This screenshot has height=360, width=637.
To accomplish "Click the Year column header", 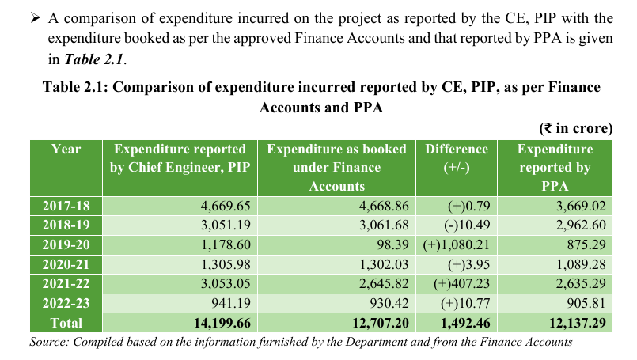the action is [x=66, y=149].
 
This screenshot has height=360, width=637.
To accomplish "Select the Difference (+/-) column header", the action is [x=457, y=158].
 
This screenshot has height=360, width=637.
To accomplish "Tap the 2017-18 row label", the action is [x=66, y=206].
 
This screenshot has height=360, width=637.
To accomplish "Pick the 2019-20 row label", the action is [x=66, y=245].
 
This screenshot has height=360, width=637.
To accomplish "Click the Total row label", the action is [x=66, y=323].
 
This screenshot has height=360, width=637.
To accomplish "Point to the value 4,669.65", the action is [x=226, y=206].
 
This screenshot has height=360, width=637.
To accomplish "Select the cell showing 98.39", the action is [x=392, y=245].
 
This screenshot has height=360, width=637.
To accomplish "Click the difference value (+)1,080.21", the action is [x=457, y=245].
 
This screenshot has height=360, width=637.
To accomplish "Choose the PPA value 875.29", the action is [x=586, y=245].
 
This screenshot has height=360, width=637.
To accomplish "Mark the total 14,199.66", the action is [x=222, y=323].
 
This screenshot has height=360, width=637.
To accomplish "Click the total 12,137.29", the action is [x=578, y=323].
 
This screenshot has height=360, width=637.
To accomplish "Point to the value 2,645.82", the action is [x=384, y=283].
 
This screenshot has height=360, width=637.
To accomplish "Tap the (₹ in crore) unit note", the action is [x=575, y=128].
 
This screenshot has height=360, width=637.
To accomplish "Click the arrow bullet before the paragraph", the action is [x=36, y=18].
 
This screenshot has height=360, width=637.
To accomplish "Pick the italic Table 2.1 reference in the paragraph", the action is [x=94, y=59].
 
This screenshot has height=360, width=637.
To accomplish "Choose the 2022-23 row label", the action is [x=66, y=304].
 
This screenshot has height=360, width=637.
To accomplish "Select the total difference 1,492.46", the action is [x=465, y=323].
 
